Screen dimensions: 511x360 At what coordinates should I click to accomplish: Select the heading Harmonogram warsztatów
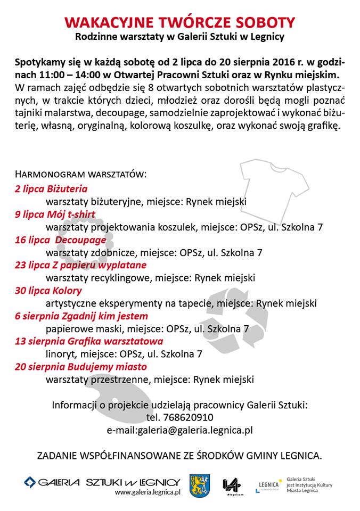[x=80, y=175]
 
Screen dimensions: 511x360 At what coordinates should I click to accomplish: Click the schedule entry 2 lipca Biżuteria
[x=52, y=188]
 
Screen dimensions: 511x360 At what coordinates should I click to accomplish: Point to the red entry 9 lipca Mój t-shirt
[x=55, y=214]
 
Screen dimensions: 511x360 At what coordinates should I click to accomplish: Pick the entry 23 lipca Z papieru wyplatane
[x=80, y=265]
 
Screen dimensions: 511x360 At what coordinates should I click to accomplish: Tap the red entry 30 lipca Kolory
[x=48, y=291]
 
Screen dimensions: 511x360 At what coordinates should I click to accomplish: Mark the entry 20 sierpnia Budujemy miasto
[x=80, y=367]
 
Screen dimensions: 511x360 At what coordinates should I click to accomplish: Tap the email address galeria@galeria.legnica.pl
[x=195, y=430]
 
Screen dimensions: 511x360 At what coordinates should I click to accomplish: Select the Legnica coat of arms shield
[x=200, y=485]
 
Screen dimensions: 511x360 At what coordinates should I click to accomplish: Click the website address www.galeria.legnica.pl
[x=148, y=493]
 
